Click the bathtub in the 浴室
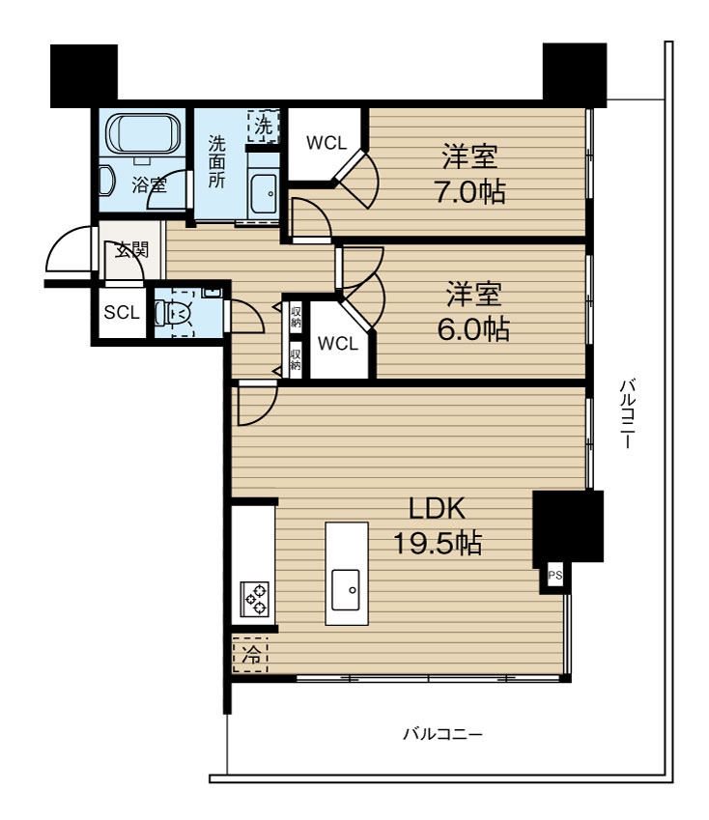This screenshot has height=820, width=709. tap(143, 134)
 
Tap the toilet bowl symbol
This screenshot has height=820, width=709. tap(174, 314)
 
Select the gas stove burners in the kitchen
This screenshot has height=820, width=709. tap(254, 599)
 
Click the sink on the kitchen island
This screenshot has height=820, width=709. tap(346, 589)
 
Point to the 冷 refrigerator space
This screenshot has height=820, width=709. tap(250, 654)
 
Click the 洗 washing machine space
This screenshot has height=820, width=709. tap(264, 126)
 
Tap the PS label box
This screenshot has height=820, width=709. tap(555, 576)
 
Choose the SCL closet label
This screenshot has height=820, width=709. tap(122, 312)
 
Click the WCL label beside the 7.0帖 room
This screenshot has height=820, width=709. tap(326, 143)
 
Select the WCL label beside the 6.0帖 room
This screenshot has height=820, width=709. tap(338, 344)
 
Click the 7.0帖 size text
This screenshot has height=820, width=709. tap(470, 191)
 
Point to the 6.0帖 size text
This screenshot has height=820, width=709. tap(473, 329)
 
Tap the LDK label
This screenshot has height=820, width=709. tap(437, 508)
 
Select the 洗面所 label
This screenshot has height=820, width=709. tap(216, 161)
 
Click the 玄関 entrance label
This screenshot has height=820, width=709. tap(131, 249)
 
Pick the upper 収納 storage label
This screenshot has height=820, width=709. tap(296, 317)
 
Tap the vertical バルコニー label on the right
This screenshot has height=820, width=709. tap(628, 413)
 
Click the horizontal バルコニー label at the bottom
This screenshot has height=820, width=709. tap(442, 734)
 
